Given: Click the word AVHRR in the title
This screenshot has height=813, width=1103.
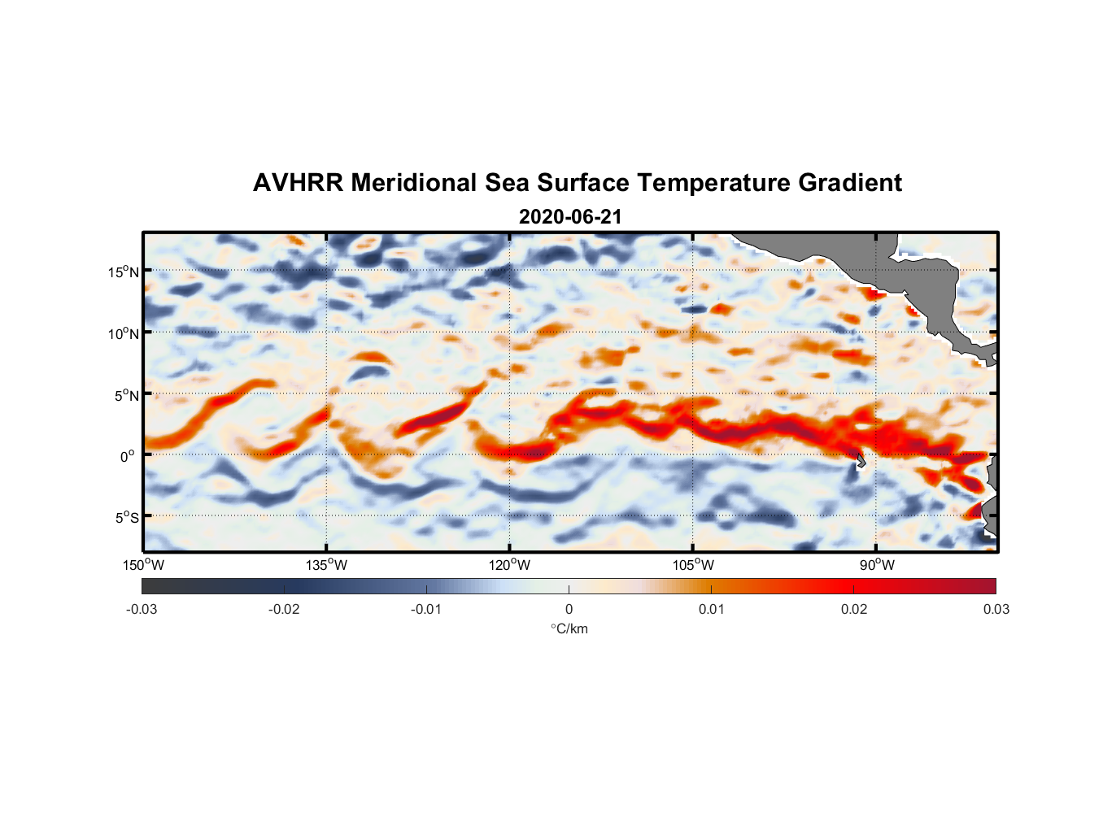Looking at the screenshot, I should point(298,183).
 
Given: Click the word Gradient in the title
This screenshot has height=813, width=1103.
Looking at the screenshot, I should point(849,183).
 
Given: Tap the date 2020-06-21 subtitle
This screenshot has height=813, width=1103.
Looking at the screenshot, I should point(570,217).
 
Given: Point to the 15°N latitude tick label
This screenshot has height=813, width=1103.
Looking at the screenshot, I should point(124,272).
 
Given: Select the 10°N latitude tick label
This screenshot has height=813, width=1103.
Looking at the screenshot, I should point(124,333).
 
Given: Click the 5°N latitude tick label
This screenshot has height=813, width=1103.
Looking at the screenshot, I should point(126,395).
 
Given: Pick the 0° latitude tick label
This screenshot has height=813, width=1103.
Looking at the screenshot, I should point(128,456).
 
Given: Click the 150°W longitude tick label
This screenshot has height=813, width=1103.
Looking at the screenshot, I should point(144,565).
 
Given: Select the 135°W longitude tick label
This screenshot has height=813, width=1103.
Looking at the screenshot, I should point(327,565).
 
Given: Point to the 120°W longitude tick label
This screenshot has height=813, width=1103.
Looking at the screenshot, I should point(510,565).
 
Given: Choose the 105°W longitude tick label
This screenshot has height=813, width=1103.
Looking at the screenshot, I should point(693,565).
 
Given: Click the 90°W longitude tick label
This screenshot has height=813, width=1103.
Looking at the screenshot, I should point(876,565).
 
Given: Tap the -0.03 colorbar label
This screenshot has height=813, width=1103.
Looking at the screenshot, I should point(142,609).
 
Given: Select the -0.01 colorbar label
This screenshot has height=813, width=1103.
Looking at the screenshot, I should point(426,609).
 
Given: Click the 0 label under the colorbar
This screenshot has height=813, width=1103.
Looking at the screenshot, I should point(569,609).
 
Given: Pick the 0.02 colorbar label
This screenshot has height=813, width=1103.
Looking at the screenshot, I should point(854,609).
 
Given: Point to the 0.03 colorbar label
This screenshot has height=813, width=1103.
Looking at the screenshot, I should point(996,609).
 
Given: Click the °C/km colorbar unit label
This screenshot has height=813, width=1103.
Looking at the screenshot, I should point(569,628).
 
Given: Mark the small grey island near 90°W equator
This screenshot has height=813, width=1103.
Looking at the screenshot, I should point(860,461).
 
